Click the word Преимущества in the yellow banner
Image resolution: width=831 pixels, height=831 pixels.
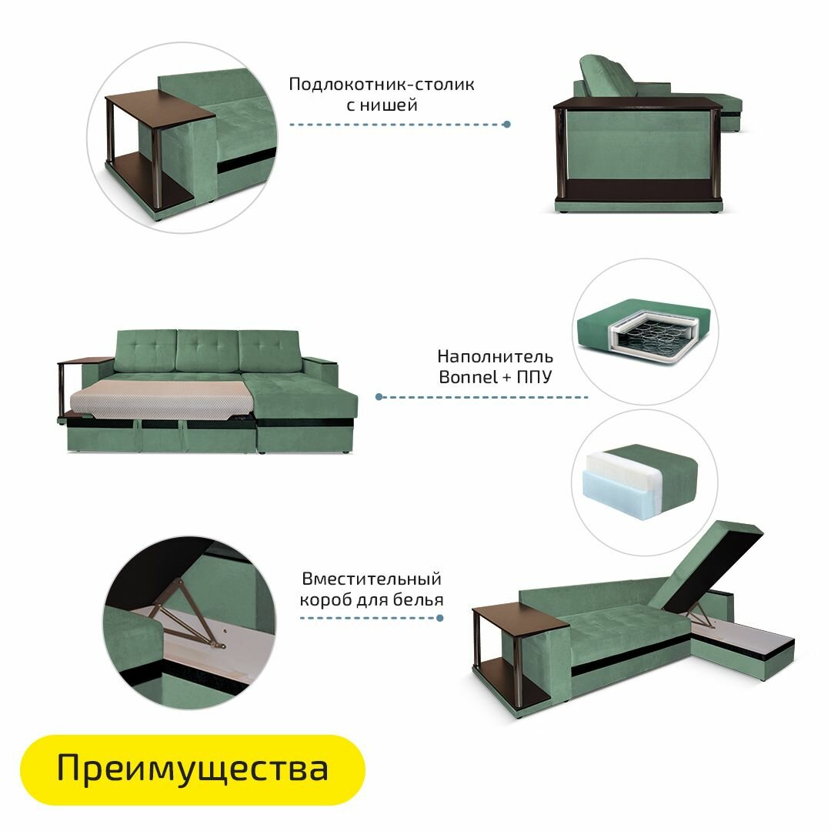click(192, 769)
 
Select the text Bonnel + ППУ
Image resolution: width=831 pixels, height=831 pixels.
click(496, 377)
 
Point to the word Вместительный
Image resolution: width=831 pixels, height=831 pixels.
click(371, 579)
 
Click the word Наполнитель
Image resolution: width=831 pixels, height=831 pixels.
click(495, 356)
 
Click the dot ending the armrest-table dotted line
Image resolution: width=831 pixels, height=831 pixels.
click(506, 124)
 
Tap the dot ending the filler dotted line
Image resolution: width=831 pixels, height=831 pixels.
click(379, 397)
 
